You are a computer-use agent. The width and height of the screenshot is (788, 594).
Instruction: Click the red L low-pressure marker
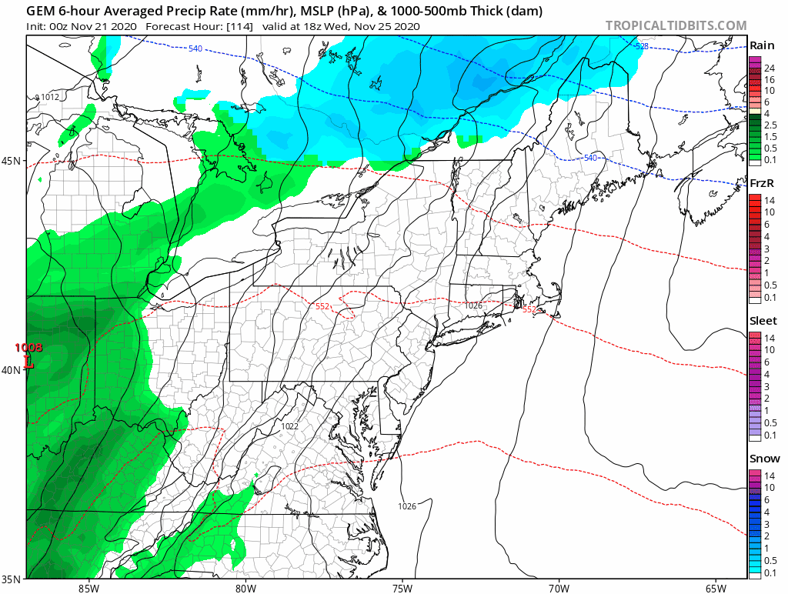28,361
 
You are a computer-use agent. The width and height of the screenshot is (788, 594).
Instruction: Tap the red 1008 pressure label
28,348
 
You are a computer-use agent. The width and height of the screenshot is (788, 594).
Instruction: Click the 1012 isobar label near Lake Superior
49,97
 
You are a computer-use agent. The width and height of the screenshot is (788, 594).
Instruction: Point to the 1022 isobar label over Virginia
289,426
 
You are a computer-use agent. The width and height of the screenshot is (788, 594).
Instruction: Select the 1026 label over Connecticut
473,305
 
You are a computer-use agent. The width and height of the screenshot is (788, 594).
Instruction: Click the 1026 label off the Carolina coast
407,506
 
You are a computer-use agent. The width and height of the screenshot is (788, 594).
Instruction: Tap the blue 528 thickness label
641,47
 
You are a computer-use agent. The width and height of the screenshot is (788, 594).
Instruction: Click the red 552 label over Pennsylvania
323,306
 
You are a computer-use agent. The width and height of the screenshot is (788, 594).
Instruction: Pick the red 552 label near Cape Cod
529,309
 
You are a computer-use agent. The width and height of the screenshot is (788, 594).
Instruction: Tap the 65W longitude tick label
715,588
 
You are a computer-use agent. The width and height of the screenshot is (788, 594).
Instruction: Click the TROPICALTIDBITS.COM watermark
676,25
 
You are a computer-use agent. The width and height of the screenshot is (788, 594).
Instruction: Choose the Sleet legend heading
763,320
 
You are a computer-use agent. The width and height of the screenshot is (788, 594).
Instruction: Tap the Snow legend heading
764,459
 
